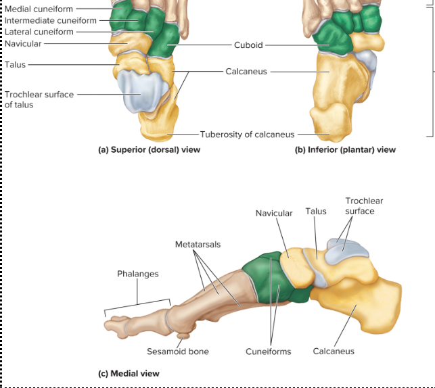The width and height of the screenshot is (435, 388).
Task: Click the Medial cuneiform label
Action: coord(39,9)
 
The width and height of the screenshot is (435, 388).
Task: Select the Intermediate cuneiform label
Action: coord(51,20)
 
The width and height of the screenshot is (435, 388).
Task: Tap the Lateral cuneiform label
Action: coord(39,31)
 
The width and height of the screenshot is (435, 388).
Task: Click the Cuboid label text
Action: coord(248,45)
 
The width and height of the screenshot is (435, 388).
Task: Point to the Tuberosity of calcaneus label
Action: coord(247,134)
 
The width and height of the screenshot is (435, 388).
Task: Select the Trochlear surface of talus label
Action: coord(39,99)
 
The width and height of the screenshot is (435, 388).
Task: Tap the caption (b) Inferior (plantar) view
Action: coord(345,149)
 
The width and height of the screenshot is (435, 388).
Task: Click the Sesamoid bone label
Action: coord(178,351)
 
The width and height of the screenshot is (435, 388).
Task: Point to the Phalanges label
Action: coord(137,274)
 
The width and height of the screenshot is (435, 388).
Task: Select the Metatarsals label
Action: coord(198,243)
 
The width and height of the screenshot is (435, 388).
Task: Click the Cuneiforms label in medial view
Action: coord(269,351)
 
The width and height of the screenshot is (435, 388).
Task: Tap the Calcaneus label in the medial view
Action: coord(334,351)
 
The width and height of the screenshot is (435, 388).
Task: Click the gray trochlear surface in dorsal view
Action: coord(140,91)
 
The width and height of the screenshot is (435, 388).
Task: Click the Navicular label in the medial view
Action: coord(274,213)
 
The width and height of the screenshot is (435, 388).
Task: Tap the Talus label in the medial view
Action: coord(315,211)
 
